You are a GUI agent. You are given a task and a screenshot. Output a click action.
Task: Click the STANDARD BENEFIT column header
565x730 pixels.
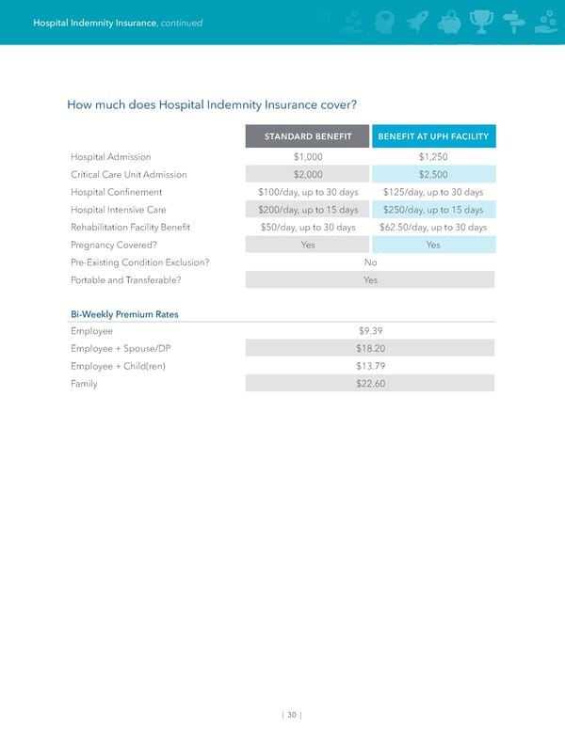coord(308,137)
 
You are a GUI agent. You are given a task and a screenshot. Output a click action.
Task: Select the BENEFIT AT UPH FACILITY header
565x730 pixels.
coord(433,137)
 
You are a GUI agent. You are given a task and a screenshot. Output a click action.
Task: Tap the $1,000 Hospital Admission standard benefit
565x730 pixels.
coord(308,156)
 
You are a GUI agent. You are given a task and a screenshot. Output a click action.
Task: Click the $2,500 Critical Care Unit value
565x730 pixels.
coord(433,174)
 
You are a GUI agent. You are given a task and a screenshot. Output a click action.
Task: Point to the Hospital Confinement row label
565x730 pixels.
coord(116,192)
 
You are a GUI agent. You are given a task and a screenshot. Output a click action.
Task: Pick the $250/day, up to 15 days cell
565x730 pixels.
coord(433,210)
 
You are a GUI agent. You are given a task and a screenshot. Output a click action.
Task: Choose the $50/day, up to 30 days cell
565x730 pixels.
coord(308,227)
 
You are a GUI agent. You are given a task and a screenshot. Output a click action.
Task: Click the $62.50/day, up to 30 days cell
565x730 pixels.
coord(433,227)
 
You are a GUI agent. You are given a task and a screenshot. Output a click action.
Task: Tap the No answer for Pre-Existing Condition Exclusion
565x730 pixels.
coord(370,262)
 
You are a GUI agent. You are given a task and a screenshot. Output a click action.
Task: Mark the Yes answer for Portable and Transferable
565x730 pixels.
coord(370,280)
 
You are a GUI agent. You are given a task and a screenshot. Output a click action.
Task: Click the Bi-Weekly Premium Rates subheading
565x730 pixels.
coord(124,313)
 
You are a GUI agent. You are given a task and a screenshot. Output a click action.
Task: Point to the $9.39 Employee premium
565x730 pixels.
coord(370,331)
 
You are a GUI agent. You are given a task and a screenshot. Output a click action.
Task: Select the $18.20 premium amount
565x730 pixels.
coord(370,348)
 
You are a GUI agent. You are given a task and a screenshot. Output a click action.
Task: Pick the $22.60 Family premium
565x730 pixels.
coord(370,383)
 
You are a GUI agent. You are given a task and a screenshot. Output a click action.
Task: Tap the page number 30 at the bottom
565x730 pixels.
coord(292,714)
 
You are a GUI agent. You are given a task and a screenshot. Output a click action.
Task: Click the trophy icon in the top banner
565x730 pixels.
coord(480,21)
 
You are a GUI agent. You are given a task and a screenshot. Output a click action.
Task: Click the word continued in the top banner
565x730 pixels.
coord(181,23)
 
